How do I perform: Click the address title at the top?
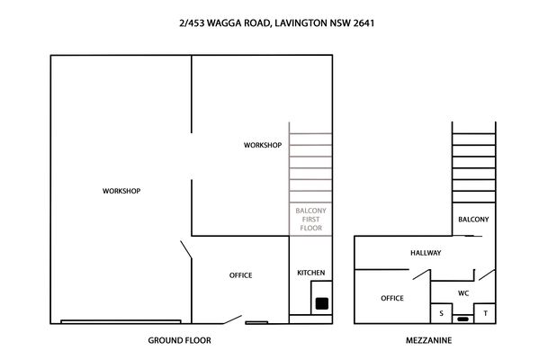point(276,23)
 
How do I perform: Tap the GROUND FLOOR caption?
point(179,340)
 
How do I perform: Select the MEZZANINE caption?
point(428,340)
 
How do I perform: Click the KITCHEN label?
point(310,273)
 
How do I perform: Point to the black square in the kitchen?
point(322,303)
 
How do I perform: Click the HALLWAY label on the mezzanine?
point(426,253)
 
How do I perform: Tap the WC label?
point(463,293)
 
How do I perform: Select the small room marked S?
point(441,313)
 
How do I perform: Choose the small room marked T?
point(485,313)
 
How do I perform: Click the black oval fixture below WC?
point(463,319)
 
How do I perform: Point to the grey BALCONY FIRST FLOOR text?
point(310,219)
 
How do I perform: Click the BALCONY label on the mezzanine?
point(473,220)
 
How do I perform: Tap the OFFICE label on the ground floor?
point(240,275)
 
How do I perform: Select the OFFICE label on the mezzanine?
point(392,298)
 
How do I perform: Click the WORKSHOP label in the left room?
point(121,191)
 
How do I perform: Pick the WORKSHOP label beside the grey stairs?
point(263,145)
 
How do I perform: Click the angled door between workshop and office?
point(186,250)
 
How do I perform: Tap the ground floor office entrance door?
point(232,319)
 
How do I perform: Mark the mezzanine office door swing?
point(421,274)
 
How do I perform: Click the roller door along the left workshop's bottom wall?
point(121,321)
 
